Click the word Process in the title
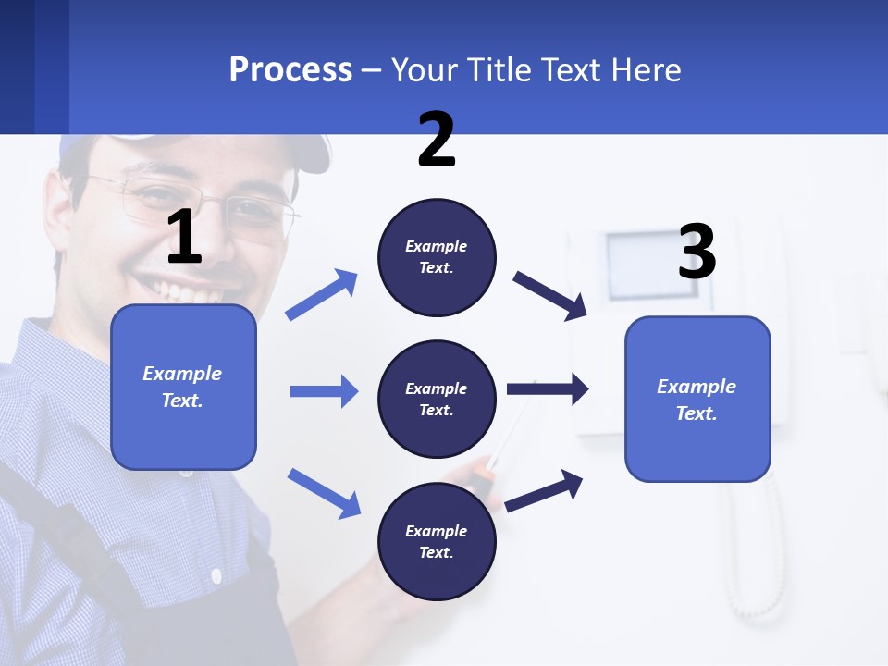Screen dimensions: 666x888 290,69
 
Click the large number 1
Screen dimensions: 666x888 184,238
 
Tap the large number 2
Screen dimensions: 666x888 437,140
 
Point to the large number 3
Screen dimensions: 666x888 697,253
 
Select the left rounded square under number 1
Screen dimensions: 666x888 183,387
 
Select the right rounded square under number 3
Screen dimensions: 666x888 697,399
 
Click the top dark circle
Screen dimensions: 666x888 437,257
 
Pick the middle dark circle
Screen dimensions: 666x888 437,399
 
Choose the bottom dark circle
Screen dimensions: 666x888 437,541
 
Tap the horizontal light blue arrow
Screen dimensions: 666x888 324,391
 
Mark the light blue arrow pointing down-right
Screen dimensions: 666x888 324,492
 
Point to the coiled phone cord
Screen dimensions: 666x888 754,555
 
